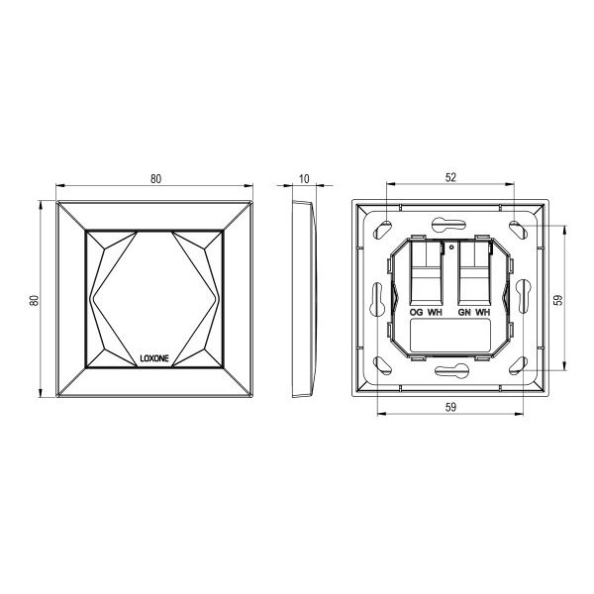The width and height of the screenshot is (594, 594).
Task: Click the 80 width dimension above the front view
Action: (x=155, y=179)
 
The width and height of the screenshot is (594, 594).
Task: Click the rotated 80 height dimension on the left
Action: (x=35, y=300)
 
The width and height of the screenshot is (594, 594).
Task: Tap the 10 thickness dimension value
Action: (x=304, y=179)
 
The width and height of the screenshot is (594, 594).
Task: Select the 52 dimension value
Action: (x=450, y=177)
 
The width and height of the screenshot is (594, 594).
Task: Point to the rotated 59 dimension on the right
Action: (x=558, y=300)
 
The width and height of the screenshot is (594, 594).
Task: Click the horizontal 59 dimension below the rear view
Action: (x=450, y=407)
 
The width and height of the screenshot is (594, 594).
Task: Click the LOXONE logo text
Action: (x=154, y=358)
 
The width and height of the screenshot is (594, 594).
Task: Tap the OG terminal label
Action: (x=417, y=313)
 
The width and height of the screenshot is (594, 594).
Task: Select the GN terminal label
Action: (x=464, y=313)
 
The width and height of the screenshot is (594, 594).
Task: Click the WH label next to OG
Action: (x=435, y=313)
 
